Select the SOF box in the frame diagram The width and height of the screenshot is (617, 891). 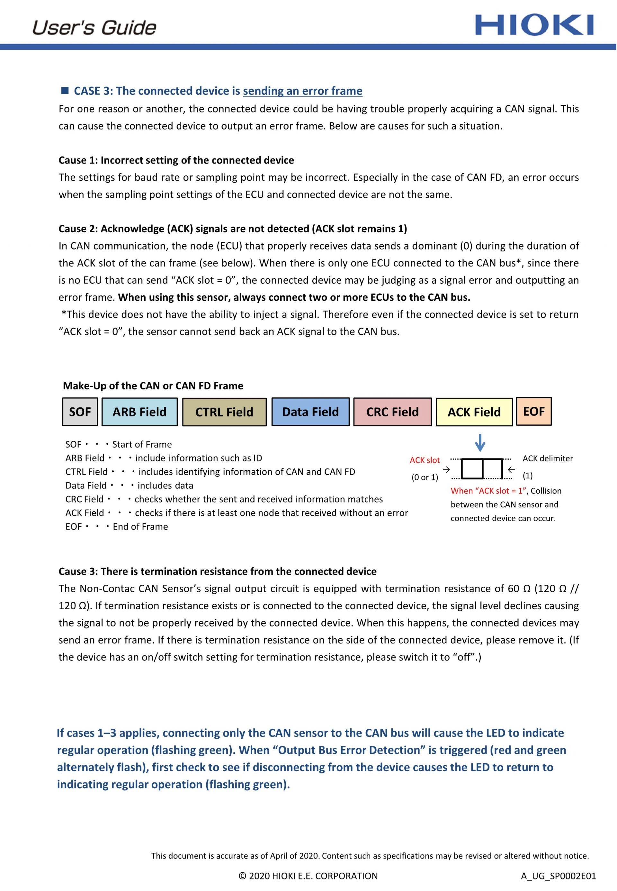(x=80, y=412)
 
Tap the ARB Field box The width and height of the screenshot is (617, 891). (x=139, y=412)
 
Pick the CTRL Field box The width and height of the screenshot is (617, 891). (x=224, y=412)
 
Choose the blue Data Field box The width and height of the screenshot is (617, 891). (x=310, y=412)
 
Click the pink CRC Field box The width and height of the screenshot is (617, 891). (x=392, y=412)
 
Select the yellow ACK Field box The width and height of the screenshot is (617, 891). (x=474, y=412)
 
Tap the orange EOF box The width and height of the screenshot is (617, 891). (x=533, y=411)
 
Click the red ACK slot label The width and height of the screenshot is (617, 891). (x=425, y=460)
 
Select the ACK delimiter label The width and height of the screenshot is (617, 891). (x=547, y=459)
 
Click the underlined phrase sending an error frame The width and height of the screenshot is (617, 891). (x=302, y=91)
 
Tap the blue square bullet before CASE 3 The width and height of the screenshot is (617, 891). (x=65, y=91)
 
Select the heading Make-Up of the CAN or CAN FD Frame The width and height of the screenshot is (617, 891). (x=153, y=386)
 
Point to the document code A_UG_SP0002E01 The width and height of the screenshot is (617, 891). (x=558, y=876)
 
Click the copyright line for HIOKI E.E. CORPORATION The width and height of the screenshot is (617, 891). (x=308, y=876)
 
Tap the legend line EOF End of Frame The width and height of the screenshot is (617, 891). (x=117, y=527)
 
